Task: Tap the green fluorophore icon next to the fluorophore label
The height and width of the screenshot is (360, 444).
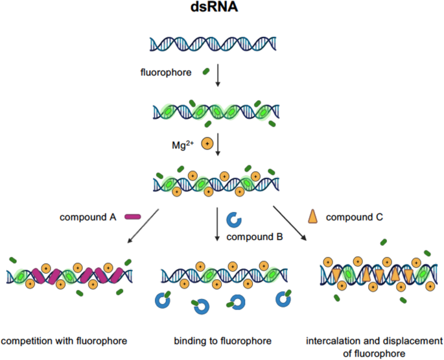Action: (x=205, y=71)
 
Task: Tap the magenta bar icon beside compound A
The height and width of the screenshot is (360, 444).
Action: (x=133, y=217)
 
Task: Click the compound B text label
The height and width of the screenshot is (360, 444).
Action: (x=254, y=237)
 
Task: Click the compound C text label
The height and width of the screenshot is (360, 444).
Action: (x=355, y=217)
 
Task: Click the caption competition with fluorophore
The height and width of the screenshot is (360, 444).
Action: (x=64, y=340)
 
